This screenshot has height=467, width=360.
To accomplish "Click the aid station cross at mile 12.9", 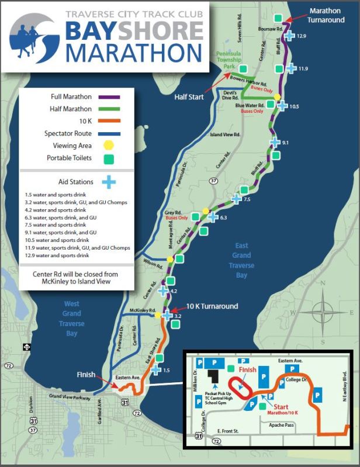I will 289,36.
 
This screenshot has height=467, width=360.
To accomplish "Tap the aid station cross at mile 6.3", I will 213,217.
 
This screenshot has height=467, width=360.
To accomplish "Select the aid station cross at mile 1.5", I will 155,369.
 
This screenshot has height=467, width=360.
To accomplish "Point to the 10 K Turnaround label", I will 212,306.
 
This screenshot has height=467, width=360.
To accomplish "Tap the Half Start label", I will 188,97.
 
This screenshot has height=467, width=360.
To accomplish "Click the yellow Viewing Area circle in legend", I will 108,146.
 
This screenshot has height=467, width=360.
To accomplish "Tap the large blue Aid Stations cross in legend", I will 108,182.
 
